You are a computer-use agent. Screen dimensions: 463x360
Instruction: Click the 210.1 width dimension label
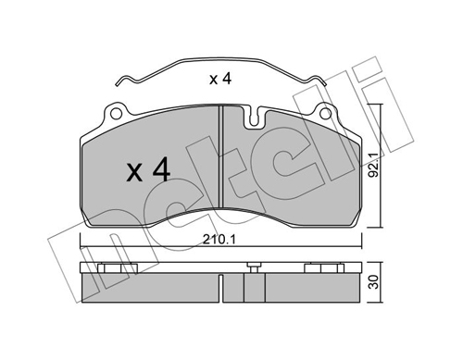219,240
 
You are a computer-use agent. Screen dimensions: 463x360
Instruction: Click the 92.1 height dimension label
374,168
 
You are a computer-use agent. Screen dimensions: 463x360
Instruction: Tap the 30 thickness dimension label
374,282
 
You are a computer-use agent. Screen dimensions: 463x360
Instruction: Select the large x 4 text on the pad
148,169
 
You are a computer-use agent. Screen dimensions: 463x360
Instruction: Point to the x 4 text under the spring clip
220,79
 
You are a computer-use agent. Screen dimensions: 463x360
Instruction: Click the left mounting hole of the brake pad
116,114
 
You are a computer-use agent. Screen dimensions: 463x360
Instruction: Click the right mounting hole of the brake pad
325,114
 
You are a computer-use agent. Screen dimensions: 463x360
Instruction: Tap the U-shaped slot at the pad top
254,118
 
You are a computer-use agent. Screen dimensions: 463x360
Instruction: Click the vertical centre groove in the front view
220,156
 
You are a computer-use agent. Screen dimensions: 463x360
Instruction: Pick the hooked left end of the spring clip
121,81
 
